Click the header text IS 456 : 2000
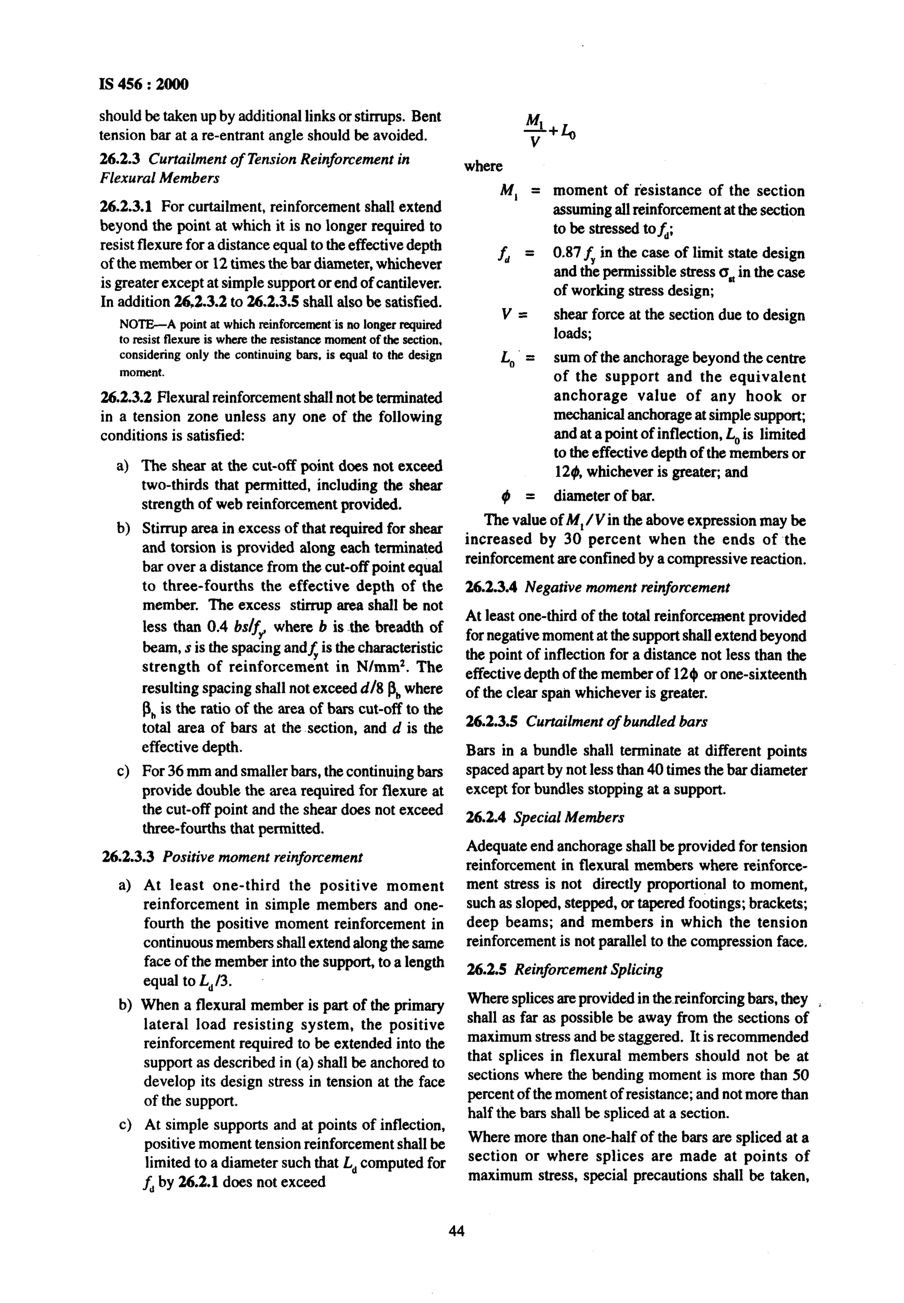(144, 84)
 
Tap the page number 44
(456, 1231)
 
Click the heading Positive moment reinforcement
(262, 857)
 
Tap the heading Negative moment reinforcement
(627, 587)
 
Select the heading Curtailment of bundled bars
(616, 721)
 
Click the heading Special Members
(569, 818)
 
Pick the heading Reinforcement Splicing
(588, 969)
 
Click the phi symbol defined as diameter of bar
(506, 497)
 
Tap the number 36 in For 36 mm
(178, 772)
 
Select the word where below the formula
(483, 166)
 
